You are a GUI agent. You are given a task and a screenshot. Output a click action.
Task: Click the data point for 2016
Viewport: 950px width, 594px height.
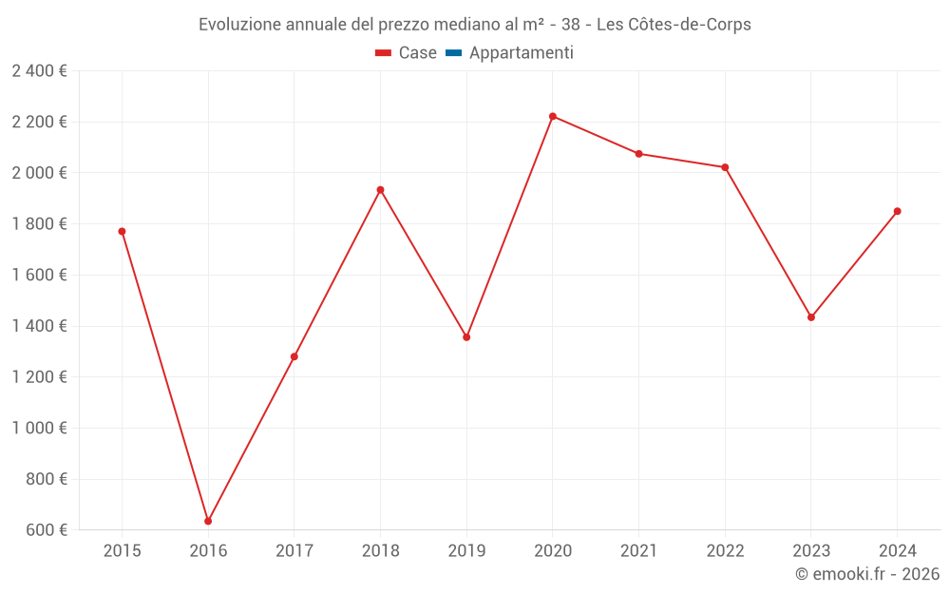[208, 521]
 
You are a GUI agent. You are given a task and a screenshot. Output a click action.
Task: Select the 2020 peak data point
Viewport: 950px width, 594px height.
[553, 116]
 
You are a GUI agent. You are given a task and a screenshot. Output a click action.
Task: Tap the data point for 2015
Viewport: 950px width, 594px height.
[122, 231]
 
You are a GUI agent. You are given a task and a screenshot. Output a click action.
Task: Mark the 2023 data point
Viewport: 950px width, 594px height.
[811, 317]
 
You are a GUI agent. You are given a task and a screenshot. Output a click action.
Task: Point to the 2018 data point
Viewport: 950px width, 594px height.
[380, 190]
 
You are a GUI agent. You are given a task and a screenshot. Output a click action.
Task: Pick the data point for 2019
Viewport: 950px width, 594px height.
[466, 337]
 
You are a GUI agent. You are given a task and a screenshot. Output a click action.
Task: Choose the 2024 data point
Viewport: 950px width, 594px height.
[897, 211]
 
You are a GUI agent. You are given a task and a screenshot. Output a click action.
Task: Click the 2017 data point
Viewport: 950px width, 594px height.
[294, 356]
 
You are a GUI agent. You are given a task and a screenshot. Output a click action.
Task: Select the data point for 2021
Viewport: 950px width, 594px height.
[638, 153]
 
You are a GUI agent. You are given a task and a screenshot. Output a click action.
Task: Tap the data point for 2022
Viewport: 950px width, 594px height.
[725, 167]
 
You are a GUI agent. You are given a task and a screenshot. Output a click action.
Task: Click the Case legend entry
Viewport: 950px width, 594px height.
[407, 53]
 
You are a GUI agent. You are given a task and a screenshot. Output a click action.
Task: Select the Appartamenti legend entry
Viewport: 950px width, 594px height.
[510, 53]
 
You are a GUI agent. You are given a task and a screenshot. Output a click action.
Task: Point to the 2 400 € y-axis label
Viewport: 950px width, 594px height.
[39, 70]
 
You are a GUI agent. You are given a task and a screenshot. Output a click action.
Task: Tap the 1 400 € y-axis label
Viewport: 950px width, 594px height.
[39, 326]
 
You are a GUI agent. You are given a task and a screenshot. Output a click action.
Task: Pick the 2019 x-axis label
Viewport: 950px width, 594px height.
[466, 550]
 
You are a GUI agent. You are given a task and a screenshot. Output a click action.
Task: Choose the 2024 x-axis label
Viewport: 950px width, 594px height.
[897, 550]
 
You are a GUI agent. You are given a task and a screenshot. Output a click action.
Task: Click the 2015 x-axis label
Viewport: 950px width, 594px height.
[122, 550]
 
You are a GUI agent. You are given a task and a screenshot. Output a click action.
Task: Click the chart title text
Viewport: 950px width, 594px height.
[475, 25]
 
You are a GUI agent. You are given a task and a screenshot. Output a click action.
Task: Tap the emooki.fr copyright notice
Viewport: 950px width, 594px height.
[867, 574]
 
